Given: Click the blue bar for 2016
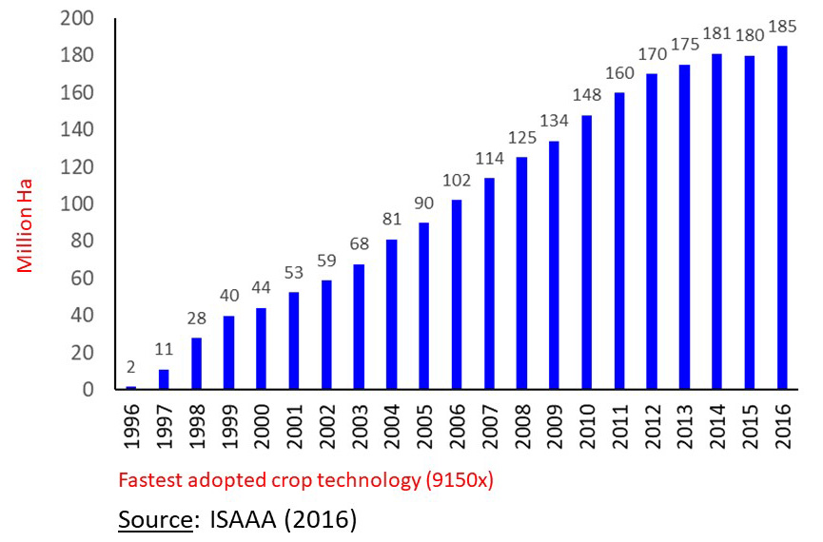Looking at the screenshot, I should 782,217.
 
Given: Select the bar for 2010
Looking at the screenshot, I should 587,252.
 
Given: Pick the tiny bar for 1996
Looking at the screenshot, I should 131,387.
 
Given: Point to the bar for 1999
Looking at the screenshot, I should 229,352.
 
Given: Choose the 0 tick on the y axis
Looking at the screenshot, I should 89,390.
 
